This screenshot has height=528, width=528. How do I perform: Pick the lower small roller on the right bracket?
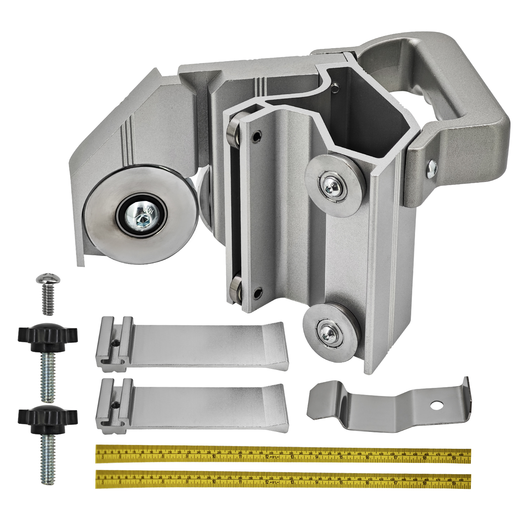[328, 332]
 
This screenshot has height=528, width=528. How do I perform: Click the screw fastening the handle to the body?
[432, 169]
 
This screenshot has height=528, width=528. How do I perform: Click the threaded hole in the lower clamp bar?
[114, 404]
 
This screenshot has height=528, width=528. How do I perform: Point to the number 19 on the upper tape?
[454, 458]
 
